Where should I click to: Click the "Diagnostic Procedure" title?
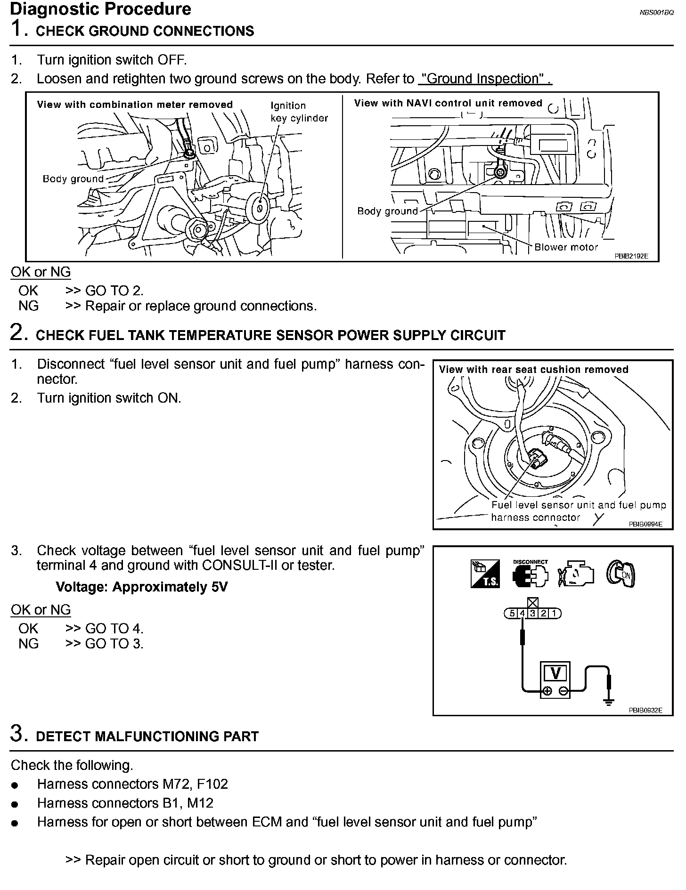(100, 9)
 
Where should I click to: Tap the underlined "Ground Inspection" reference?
(485, 79)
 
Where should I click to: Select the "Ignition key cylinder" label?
(299, 112)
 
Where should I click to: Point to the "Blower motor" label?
(566, 247)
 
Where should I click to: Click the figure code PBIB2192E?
(631, 256)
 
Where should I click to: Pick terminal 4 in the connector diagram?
(523, 613)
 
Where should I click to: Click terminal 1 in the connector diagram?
(555, 613)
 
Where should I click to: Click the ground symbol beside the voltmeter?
(609, 702)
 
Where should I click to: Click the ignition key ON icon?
(621, 574)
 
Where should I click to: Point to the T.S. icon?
(485, 574)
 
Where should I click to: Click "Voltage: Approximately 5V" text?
(141, 587)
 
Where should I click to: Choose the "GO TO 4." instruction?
(114, 629)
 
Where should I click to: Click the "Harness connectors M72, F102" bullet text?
(132, 784)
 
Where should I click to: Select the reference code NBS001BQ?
(656, 13)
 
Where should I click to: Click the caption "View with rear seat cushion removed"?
(533, 370)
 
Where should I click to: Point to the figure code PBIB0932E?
(645, 710)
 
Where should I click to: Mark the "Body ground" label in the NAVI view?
(387, 211)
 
